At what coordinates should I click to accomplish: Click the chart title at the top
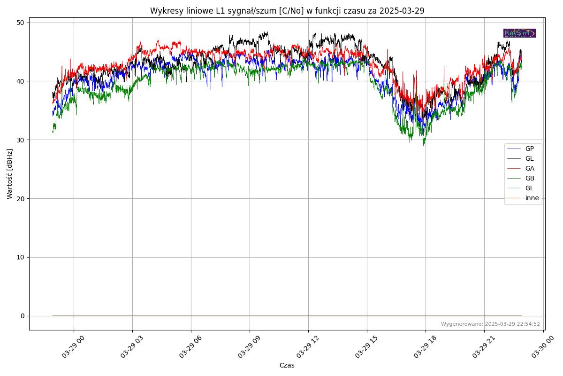click(287, 11)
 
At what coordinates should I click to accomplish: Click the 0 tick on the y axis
click(22, 316)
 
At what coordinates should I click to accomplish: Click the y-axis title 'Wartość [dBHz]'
click(10, 174)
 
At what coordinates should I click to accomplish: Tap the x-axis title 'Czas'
click(287, 365)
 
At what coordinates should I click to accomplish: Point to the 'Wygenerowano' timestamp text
click(490, 324)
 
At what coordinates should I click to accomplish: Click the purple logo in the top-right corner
click(519, 33)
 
